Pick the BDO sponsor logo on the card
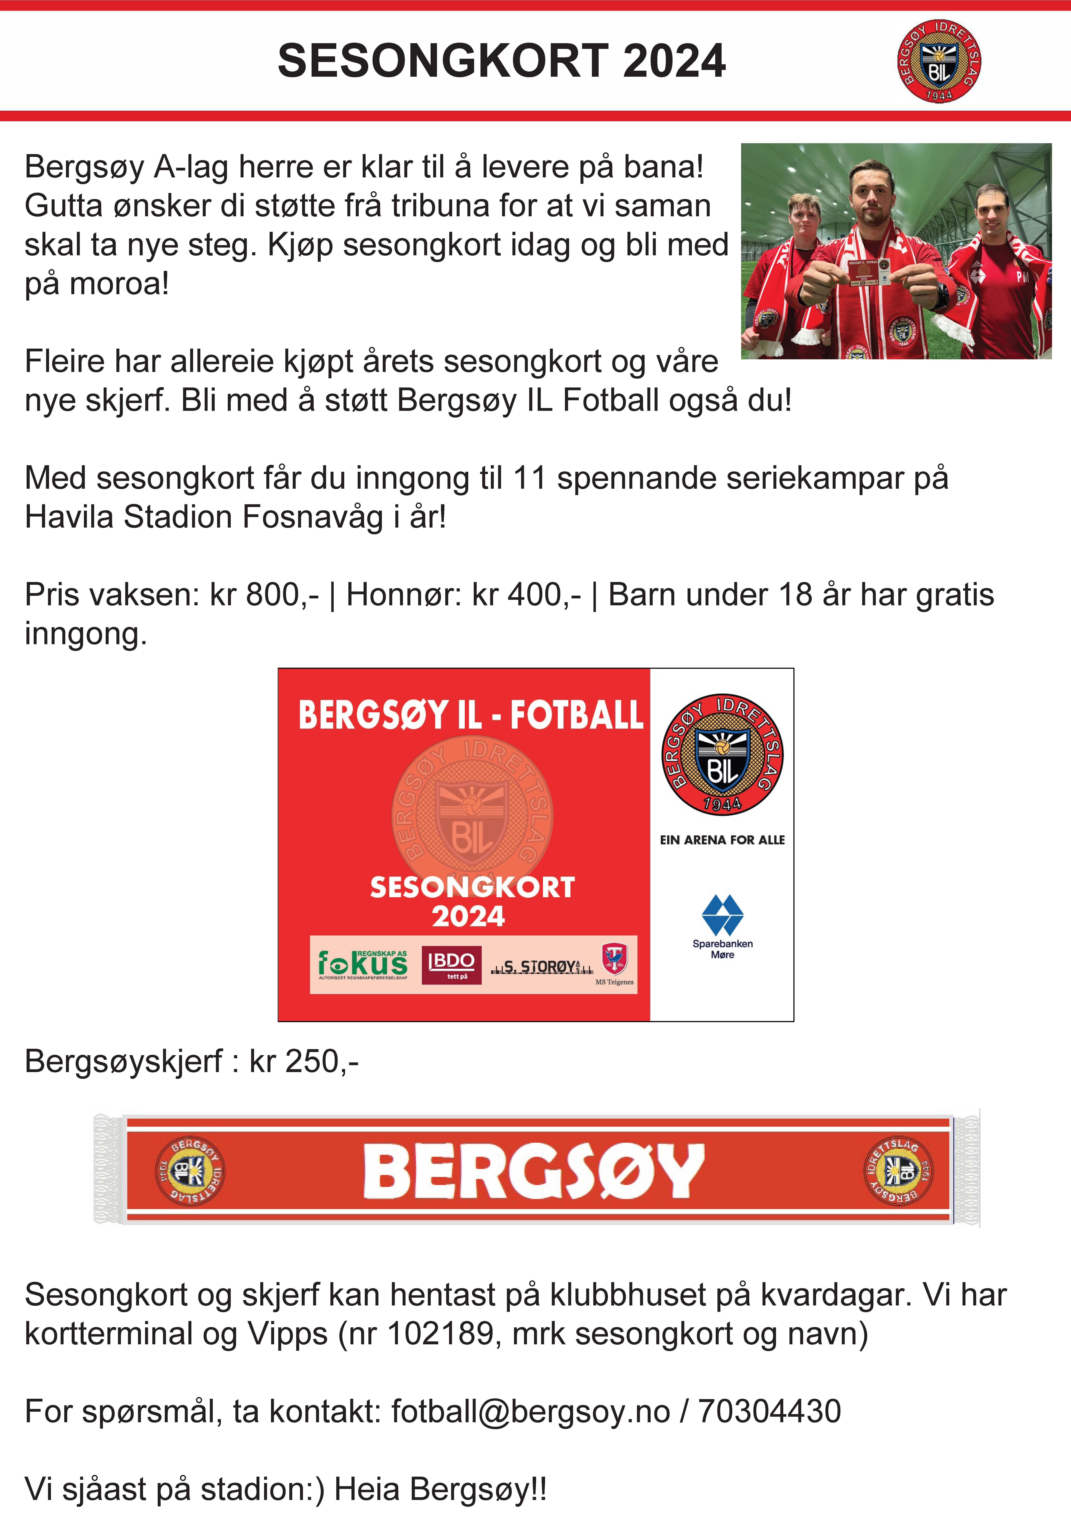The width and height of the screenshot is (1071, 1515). click(x=451, y=965)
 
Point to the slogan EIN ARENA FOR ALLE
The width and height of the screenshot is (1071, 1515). click(x=722, y=840)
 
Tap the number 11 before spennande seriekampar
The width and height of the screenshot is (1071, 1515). click(x=529, y=478)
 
